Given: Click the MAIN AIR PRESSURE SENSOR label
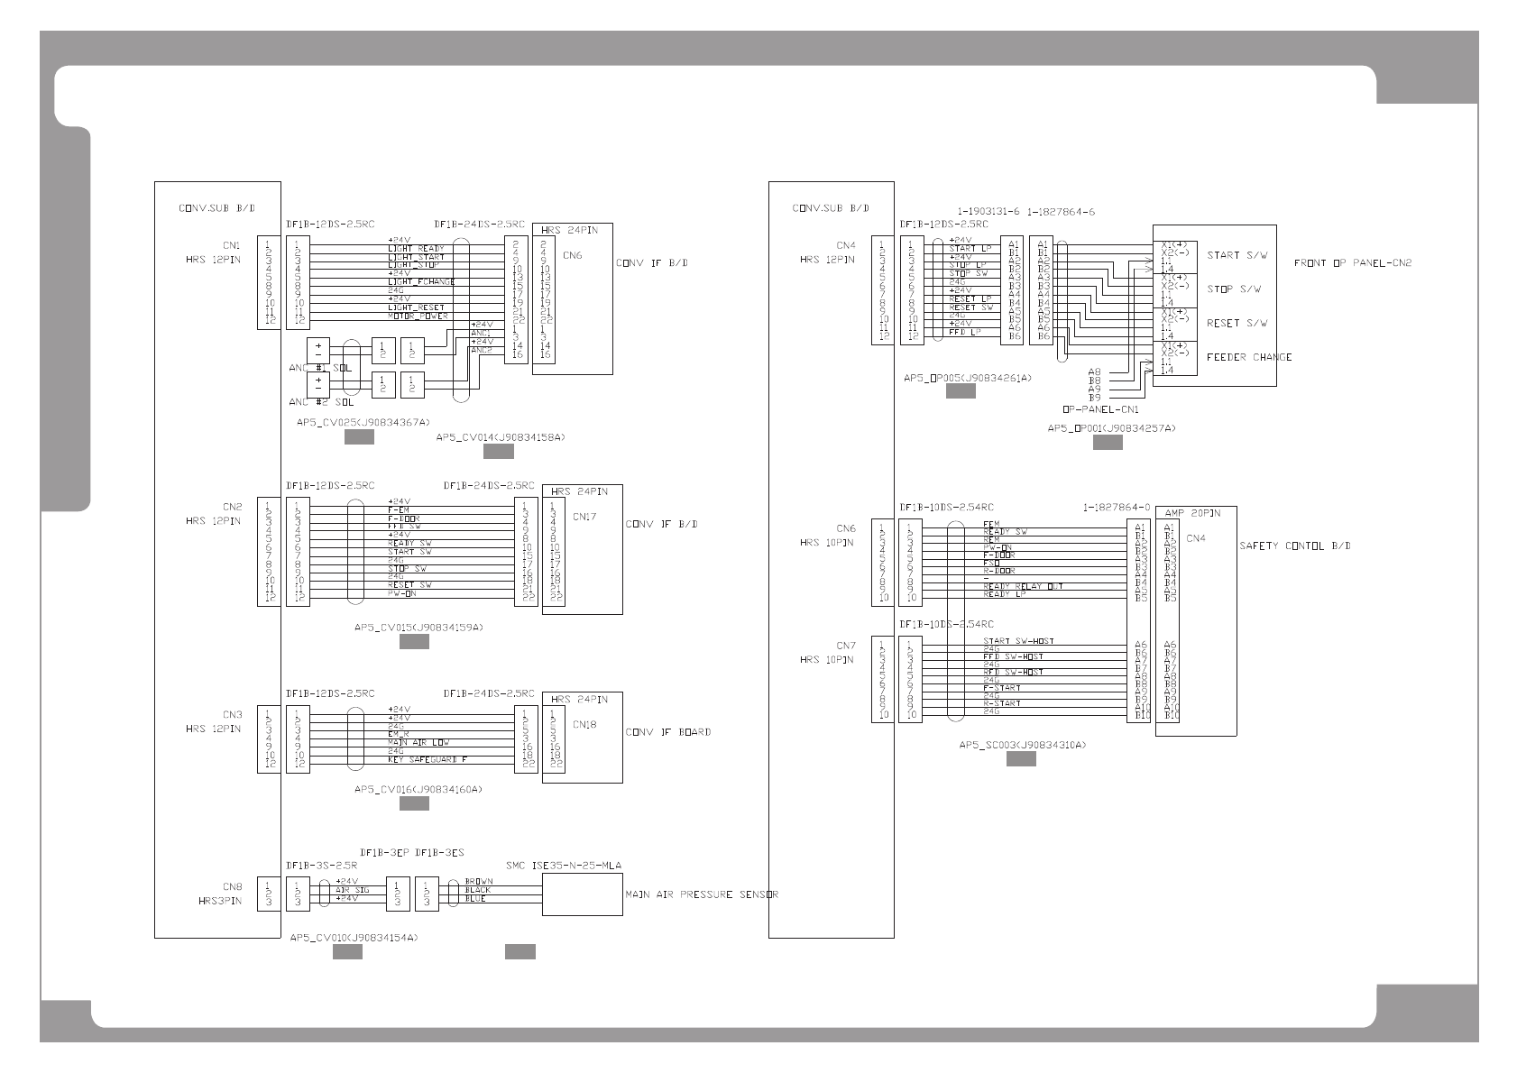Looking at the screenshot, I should [702, 894].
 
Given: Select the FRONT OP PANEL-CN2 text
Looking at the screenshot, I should [1353, 263].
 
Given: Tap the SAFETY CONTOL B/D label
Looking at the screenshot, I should [1294, 546].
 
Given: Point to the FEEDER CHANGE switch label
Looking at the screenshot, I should [1249, 357].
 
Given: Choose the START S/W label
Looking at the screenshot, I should [1237, 255].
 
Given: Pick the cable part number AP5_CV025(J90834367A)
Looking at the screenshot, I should [363, 421].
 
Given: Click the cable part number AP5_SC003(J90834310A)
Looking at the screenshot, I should [1022, 746].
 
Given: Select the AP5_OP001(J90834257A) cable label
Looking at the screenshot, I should [1111, 428].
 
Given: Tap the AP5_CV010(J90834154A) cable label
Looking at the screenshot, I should [354, 938].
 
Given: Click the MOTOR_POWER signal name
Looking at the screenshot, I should [418, 316].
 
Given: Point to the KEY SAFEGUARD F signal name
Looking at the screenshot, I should [428, 760].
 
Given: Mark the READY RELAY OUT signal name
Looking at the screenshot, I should [1023, 586].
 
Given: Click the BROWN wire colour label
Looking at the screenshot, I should [478, 881].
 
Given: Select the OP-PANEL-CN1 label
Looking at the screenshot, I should [1100, 409].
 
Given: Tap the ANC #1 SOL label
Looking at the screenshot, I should [320, 368].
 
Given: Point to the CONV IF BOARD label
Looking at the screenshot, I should [667, 732].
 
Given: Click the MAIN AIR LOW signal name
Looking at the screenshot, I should [418, 743].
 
